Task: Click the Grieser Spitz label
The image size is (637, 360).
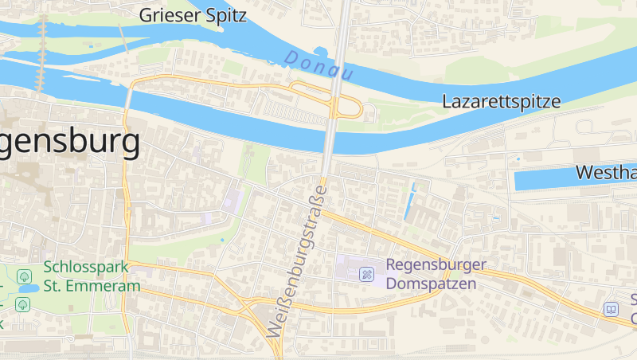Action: (x=193, y=15)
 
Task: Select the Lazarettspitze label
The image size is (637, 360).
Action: (x=502, y=102)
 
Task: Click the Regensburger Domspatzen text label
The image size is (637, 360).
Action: (x=431, y=274)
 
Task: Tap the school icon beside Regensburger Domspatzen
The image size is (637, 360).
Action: (x=367, y=274)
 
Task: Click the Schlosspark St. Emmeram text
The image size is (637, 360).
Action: (x=92, y=276)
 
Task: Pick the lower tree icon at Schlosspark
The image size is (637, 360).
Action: (x=22, y=303)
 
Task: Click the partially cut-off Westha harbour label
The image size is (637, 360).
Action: (x=605, y=172)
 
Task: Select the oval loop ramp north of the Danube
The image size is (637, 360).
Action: (x=348, y=108)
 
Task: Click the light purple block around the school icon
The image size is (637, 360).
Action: (x=350, y=268)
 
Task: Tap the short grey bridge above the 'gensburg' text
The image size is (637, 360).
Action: (x=128, y=94)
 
